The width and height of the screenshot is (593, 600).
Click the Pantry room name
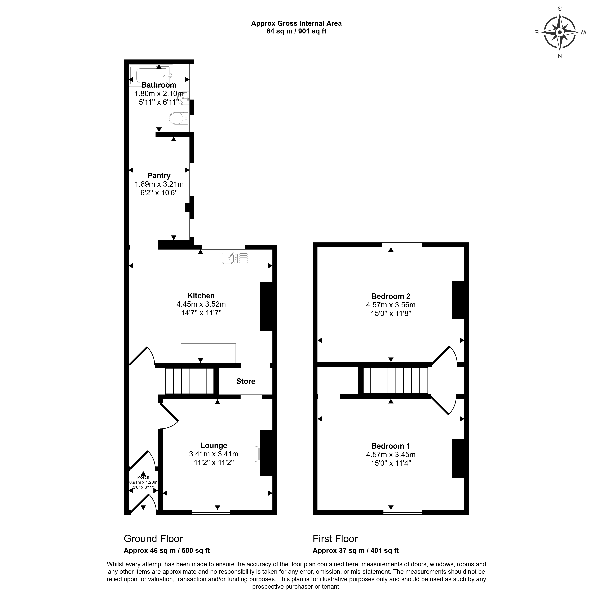click(x=159, y=175)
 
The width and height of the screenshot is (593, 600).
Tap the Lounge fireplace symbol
click(x=257, y=454)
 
